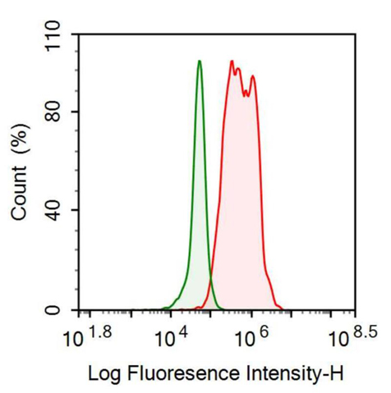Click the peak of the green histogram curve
point(199,61)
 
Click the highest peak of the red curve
point(232,62)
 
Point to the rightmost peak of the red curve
point(253,76)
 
